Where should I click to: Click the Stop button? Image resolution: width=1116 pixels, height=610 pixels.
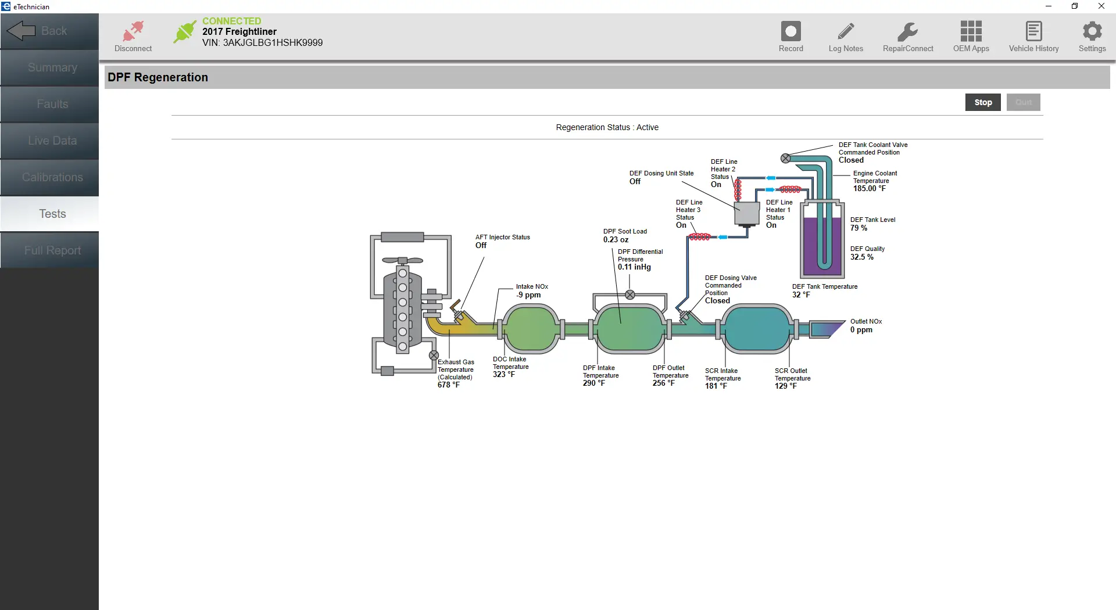[x=982, y=102]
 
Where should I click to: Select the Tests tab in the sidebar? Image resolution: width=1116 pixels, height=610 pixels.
[x=52, y=214]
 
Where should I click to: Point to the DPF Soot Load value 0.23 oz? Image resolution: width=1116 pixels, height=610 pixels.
[x=616, y=240]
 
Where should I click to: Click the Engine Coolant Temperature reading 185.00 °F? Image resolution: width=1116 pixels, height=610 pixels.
[x=869, y=189]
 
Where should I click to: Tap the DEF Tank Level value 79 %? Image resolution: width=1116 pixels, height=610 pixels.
[x=859, y=228]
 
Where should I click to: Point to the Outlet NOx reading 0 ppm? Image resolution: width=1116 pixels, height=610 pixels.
[x=861, y=330]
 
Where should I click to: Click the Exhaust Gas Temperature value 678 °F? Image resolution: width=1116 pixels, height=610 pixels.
[x=448, y=385]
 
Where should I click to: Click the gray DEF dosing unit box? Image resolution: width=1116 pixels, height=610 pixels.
[x=747, y=214]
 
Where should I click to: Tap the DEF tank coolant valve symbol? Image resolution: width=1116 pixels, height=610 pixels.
[x=785, y=159]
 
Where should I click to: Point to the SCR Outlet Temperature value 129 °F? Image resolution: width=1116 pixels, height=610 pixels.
[x=785, y=386]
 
